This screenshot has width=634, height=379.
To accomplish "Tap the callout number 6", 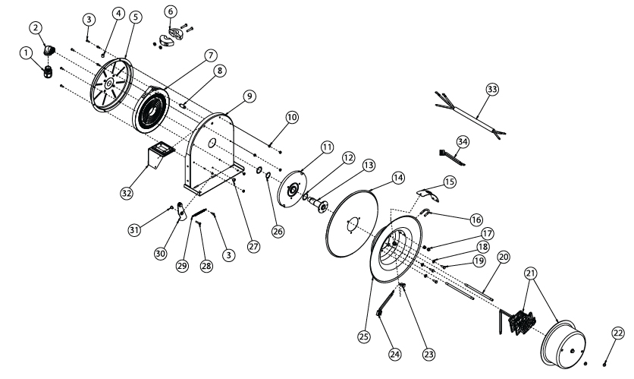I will point(170,11).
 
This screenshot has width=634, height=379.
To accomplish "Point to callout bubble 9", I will point(249,96).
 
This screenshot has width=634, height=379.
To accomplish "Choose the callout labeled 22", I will point(617,333).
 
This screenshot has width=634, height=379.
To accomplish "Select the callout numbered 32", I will point(127,193).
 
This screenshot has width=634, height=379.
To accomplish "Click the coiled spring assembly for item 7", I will point(154,111).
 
